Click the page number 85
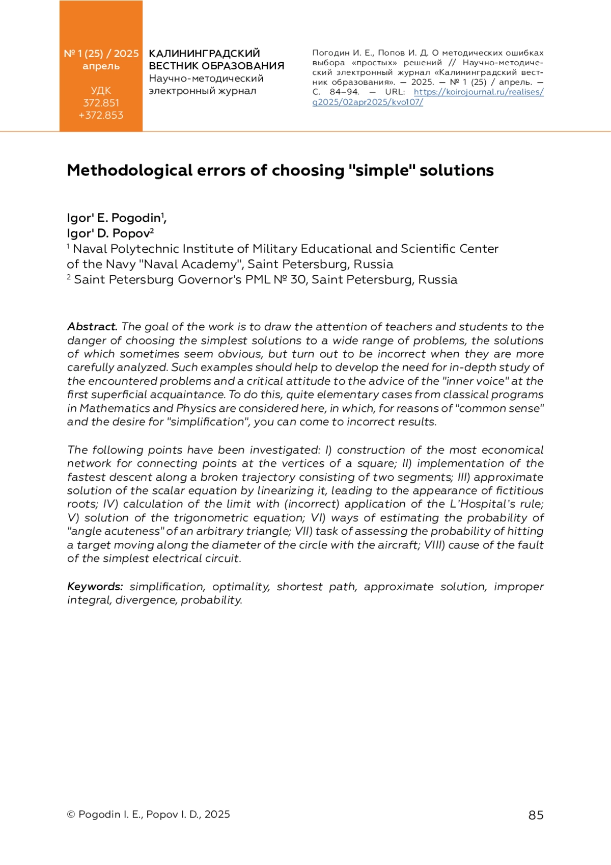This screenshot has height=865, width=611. pos(536,815)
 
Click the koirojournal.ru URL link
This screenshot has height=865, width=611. pos(478,92)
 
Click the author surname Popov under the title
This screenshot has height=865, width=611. pos(131,233)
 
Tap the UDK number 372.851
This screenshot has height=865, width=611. pos(101,103)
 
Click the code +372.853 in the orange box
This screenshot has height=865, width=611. pos(101,115)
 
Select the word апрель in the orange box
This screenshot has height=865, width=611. pos(101,66)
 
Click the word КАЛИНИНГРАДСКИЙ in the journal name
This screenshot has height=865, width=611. pos(204,54)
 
